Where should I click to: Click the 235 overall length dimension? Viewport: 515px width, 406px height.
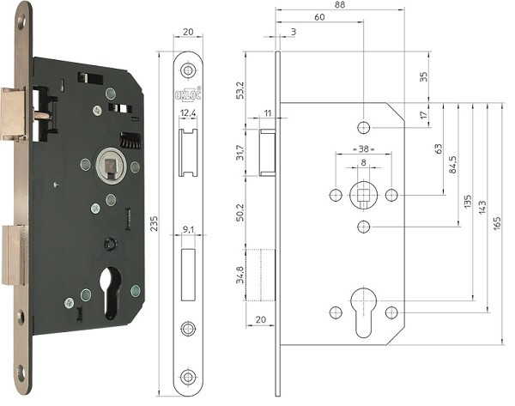pyautogui.click(x=154, y=223)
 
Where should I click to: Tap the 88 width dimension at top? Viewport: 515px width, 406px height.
pyautogui.click(x=340, y=5)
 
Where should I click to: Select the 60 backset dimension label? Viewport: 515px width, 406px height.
pyautogui.click(x=319, y=17)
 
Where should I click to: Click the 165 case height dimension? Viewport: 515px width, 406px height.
pyautogui.click(x=497, y=223)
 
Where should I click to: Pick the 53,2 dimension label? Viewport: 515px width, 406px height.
pyautogui.click(x=240, y=90)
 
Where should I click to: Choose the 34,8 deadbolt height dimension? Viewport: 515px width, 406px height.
pyautogui.click(x=240, y=275)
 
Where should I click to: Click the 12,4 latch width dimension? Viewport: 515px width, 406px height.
pyautogui.click(x=188, y=113)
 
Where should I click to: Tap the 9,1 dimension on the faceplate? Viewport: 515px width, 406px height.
pyautogui.click(x=188, y=230)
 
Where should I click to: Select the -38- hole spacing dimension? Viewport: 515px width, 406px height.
pyautogui.click(x=364, y=148)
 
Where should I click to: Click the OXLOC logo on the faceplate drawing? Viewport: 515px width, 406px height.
pyautogui.click(x=188, y=94)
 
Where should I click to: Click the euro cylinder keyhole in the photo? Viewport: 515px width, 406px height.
pyautogui.click(x=111, y=293)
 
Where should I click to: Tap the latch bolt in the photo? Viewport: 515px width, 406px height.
pyautogui.click(x=13, y=114)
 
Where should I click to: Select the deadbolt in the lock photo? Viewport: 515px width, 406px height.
pyautogui.click(x=13, y=255)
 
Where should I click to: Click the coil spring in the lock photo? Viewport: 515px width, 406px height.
pyautogui.click(x=130, y=140)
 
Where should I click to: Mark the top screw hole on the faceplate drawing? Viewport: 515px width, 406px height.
pyautogui.click(x=188, y=70)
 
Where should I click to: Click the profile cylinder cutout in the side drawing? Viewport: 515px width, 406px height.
pyautogui.click(x=364, y=312)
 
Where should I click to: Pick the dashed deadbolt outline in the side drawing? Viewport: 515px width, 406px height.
pyautogui.click(x=260, y=275)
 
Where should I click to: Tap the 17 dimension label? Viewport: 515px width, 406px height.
pyautogui.click(x=424, y=115)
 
